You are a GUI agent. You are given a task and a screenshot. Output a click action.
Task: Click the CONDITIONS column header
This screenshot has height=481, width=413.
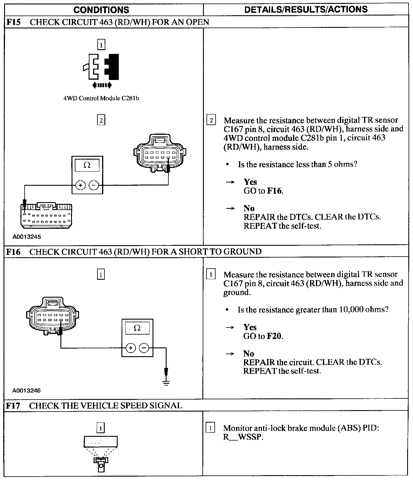tap(101, 10)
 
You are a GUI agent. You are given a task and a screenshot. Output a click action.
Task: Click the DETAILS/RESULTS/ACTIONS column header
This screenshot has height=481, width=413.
tap(306, 9)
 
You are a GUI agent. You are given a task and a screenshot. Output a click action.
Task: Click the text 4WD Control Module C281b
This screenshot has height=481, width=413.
tap(101, 98)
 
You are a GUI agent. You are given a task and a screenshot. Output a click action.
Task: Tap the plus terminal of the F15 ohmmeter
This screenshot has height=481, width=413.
tap(81, 185)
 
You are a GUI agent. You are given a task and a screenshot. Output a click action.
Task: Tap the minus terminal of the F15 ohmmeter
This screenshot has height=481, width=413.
tap(94, 185)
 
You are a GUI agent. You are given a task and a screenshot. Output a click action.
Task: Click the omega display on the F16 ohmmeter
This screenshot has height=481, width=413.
tap(137, 328)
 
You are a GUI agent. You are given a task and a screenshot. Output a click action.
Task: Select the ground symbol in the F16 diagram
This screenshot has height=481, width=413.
tap(166, 382)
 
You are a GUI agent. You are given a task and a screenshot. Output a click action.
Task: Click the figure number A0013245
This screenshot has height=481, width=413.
tap(27, 237)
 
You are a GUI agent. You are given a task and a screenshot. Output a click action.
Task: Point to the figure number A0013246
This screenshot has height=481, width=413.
tap(27, 390)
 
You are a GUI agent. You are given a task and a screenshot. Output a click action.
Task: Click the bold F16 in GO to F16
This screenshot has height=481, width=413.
tap(275, 191)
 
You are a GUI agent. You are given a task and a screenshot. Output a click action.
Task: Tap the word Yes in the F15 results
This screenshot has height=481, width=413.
tap(250, 182)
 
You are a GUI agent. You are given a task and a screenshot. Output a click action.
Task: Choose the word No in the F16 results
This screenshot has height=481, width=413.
tap(248, 353)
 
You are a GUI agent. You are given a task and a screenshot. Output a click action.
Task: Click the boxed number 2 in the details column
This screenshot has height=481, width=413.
tap(211, 120)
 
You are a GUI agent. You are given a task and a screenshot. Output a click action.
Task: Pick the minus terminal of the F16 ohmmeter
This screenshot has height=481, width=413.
tap(144, 348)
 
